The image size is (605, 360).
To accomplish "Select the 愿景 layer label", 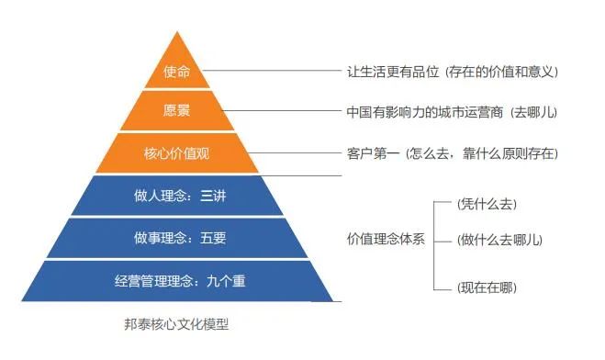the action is tap(177, 112).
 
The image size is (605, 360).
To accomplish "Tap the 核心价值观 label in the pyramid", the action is tap(177, 152).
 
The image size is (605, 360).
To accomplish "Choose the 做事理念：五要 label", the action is tap(177, 239).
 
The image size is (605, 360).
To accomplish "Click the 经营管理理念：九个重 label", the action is tap(177, 282).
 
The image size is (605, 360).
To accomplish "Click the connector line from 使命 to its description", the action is tap(275, 71).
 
